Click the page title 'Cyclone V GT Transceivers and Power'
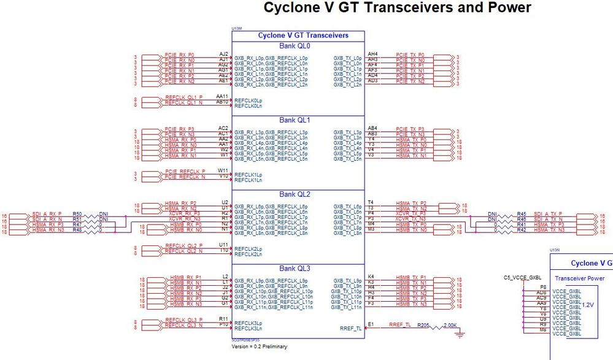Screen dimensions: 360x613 397,8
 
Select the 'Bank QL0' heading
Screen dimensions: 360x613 298,46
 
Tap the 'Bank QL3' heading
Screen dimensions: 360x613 298,269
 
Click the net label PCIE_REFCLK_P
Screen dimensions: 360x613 185,171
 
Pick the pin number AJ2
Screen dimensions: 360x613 223,54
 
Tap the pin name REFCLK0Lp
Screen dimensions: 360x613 247,99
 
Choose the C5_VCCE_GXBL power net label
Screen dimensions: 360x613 521,278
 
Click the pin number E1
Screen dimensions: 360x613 371,324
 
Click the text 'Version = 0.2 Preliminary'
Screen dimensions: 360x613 259,347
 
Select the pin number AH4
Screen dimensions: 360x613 372,54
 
